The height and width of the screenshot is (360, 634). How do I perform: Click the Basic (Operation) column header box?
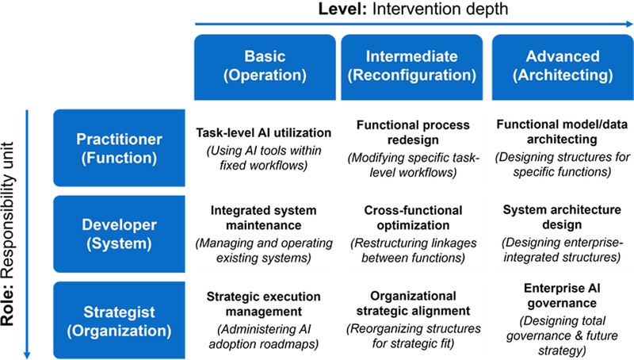pos(265,67)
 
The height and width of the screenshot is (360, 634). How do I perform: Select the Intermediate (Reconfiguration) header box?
pos(411,67)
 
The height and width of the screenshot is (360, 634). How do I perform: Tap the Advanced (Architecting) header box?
pos(563,67)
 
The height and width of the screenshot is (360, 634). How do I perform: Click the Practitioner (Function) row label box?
pos(120,147)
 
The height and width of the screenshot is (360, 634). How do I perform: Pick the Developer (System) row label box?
pos(120,234)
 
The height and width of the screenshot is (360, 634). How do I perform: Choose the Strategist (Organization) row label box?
pos(120,320)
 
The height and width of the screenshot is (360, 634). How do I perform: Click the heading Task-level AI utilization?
pos(264,132)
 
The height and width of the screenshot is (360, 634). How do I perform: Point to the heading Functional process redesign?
pos(413,132)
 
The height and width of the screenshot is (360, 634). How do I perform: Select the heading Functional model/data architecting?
pos(562,132)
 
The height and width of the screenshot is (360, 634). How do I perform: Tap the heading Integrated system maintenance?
pos(264,217)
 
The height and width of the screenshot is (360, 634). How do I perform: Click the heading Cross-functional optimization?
pos(413,217)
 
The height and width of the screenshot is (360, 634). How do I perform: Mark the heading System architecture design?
pos(562,216)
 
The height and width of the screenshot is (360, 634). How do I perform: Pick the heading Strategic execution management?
pos(264,304)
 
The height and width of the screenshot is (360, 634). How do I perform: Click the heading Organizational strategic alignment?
pos(413,304)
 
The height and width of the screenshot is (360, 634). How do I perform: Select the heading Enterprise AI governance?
pos(562,295)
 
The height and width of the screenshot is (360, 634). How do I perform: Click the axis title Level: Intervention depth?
pos(413,9)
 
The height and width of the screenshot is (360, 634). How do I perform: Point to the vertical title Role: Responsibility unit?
pos(7,234)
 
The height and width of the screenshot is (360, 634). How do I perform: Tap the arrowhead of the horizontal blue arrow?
pos(629,25)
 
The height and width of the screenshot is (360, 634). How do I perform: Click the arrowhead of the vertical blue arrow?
pos(27,354)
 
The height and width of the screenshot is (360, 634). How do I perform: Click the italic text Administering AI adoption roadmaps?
pos(264,336)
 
